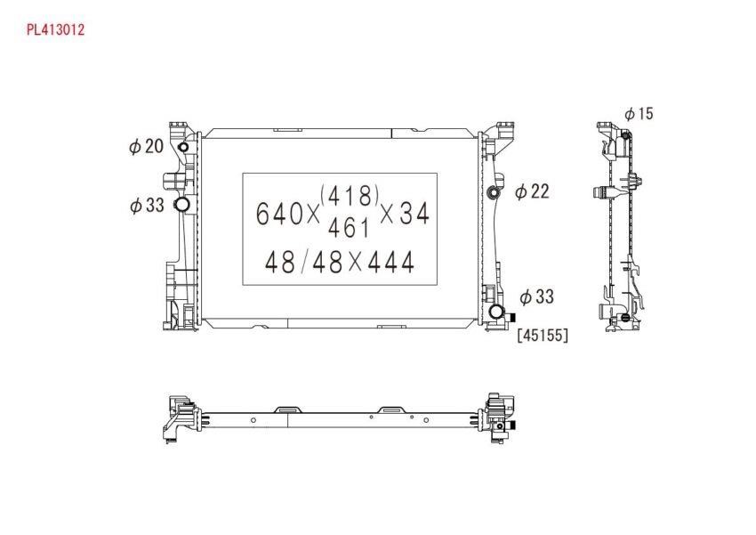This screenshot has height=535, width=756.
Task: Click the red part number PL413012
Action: pyautogui.click(x=55, y=29)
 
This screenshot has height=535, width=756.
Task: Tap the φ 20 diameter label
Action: pyautogui.click(x=147, y=146)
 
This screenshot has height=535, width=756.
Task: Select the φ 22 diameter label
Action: pyautogui.click(x=532, y=191)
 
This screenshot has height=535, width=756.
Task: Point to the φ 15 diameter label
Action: pyautogui.click(x=639, y=114)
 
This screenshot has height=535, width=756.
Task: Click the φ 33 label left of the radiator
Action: pyautogui.click(x=147, y=205)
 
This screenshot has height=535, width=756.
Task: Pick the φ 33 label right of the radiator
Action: pyautogui.click(x=536, y=296)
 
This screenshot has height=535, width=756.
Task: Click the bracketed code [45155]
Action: pyautogui.click(x=543, y=335)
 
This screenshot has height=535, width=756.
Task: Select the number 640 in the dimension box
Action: pyautogui.click(x=279, y=214)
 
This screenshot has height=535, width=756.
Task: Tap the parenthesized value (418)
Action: pyautogui.click(x=350, y=195)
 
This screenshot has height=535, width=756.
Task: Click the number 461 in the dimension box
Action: pyautogui.click(x=349, y=228)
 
